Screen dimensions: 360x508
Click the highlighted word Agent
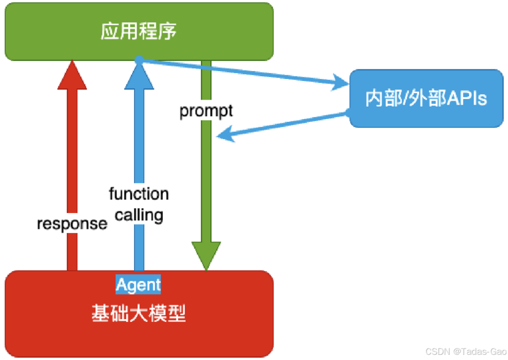138,285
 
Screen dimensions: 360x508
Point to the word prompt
206,111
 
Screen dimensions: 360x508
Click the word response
72,224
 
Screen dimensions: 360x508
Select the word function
139,193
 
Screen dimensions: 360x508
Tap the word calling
139,215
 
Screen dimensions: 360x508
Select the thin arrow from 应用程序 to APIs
240,72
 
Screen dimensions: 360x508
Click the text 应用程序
139,32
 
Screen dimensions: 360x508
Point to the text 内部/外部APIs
426,98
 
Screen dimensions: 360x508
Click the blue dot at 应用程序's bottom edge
139,60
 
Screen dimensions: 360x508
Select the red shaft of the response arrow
72,179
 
